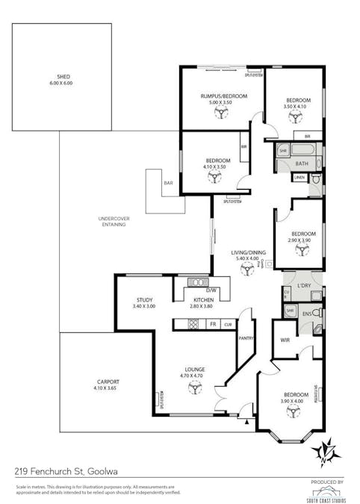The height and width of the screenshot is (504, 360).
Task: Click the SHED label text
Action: tap(62, 76)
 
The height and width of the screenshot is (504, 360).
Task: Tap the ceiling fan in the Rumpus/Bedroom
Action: tap(222, 113)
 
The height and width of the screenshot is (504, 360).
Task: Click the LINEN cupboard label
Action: tap(300, 177)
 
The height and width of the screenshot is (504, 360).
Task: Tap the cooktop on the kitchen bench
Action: tap(193, 325)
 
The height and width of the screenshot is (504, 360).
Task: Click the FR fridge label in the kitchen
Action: tap(213, 325)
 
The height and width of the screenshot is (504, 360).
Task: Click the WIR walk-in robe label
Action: tap(283, 340)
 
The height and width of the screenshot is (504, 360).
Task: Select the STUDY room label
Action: tap(144, 299)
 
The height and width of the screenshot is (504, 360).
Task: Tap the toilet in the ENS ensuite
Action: tap(317, 311)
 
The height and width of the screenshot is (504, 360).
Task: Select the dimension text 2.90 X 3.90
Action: tap(300, 240)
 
